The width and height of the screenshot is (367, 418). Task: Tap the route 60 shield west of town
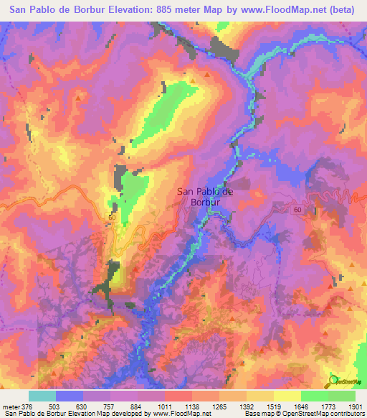click(x=112, y=216)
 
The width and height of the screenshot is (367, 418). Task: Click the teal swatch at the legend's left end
click(x=42, y=396)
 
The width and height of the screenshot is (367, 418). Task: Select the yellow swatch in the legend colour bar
click(x=287, y=396)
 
